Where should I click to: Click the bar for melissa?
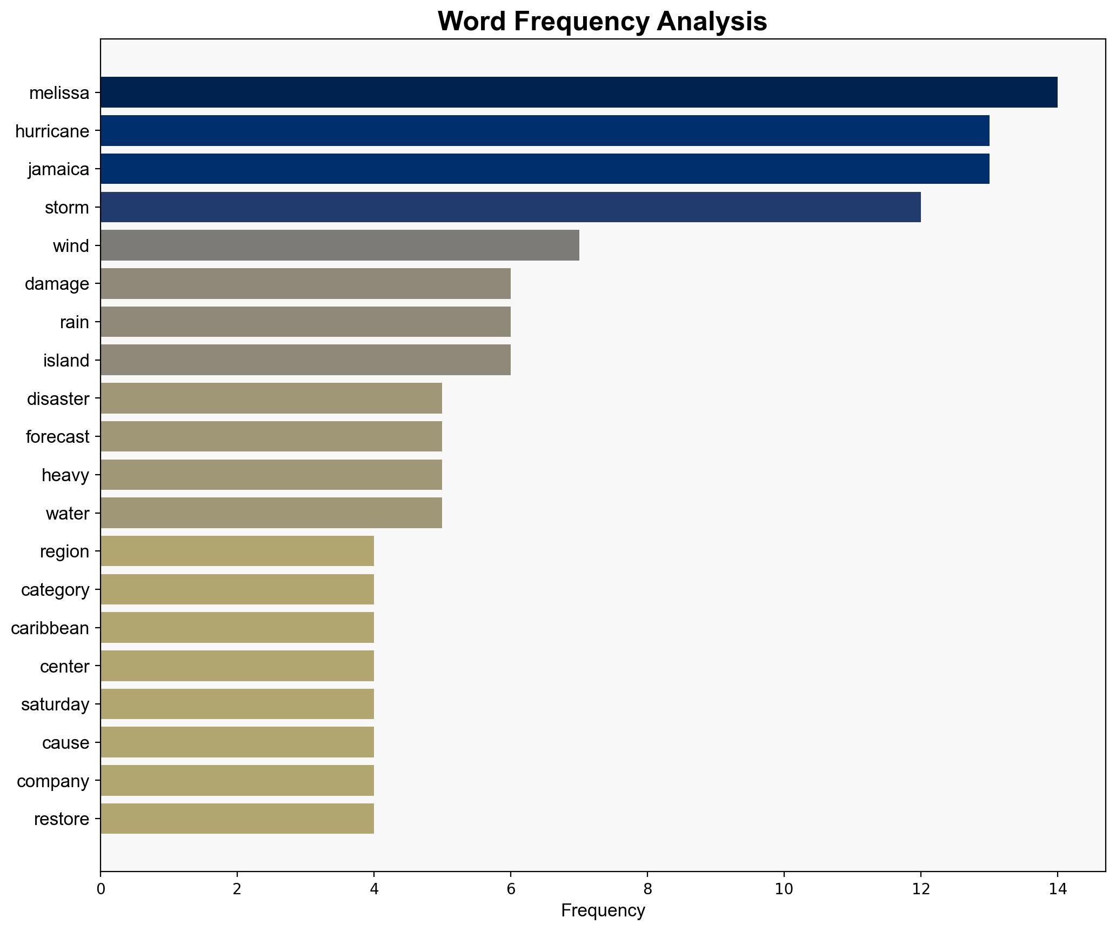tap(578, 92)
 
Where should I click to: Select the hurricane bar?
tap(544, 131)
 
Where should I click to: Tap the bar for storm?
tap(510, 207)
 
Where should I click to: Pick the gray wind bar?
tap(339, 245)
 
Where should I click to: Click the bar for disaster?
tap(271, 398)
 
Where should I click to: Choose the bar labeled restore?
tap(237, 819)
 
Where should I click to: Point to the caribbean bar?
tap(237, 628)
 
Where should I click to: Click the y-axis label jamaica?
tap(58, 169)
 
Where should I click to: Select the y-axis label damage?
tap(57, 284)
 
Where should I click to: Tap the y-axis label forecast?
tap(57, 436)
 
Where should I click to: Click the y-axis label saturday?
tap(55, 704)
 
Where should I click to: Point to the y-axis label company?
tap(53, 781)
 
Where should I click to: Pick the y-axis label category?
tap(55, 589)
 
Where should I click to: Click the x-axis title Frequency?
tap(603, 911)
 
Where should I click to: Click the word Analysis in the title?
tap(712, 22)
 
